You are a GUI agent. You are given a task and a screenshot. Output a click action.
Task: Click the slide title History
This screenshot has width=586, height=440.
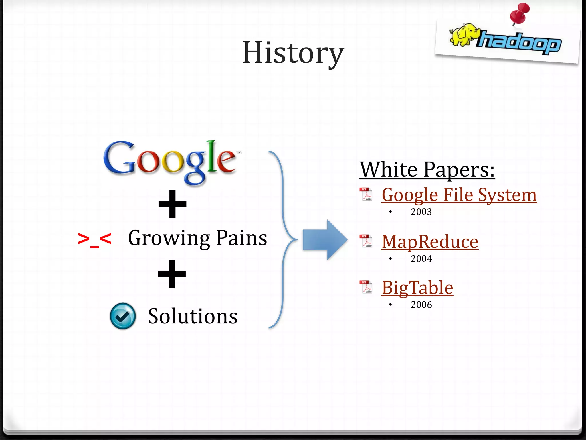pyautogui.click(x=293, y=53)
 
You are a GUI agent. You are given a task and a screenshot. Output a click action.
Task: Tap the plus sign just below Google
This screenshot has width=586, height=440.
pyautogui.click(x=172, y=204)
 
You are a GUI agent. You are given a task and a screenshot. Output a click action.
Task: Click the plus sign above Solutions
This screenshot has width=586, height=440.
pyautogui.click(x=172, y=274)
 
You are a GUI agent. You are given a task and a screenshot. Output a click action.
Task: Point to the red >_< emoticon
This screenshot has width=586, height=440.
pyautogui.click(x=94, y=239)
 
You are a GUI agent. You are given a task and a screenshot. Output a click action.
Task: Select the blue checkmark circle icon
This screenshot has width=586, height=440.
pyautogui.click(x=123, y=316)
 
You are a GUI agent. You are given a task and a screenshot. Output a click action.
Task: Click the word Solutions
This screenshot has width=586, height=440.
pyautogui.click(x=193, y=316)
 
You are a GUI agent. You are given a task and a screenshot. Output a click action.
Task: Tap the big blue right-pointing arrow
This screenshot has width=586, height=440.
pyautogui.click(x=325, y=240)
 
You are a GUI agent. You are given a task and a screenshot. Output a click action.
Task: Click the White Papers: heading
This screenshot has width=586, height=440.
pyautogui.click(x=427, y=170)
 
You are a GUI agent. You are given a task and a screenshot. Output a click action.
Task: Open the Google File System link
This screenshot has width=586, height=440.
pyautogui.click(x=459, y=195)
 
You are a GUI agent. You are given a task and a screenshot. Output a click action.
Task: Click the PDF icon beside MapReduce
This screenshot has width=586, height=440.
pyautogui.click(x=366, y=241)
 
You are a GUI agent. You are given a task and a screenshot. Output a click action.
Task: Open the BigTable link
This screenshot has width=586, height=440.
pyautogui.click(x=417, y=288)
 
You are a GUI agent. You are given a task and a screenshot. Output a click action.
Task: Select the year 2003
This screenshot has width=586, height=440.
pyautogui.click(x=421, y=212)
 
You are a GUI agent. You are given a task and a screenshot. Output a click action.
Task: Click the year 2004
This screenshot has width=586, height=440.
pyautogui.click(x=421, y=259)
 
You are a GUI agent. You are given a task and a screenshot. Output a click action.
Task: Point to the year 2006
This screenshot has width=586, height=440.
pyautogui.click(x=421, y=305)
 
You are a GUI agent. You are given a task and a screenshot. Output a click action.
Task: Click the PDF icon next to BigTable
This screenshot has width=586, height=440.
pyautogui.click(x=366, y=287)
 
